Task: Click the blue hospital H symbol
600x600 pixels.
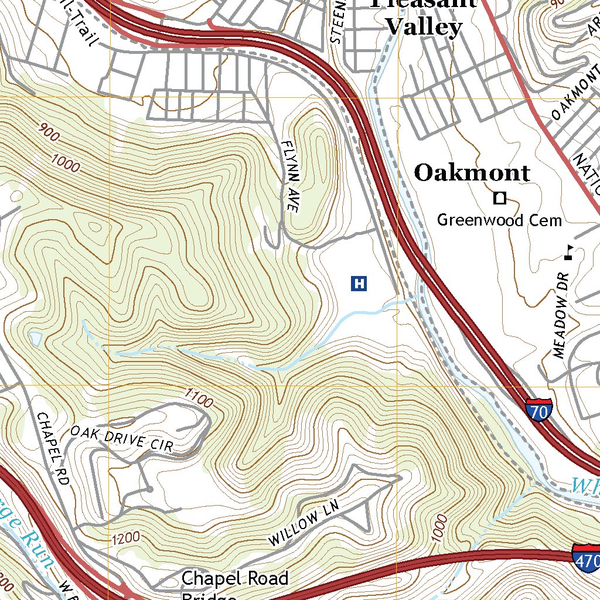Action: click(x=359, y=284)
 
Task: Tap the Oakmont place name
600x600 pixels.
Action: click(x=472, y=173)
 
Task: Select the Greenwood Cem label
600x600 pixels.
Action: click(x=499, y=220)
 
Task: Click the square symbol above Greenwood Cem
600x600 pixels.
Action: click(x=499, y=199)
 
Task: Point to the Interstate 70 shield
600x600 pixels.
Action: click(x=538, y=410)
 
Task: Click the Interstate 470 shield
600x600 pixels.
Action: click(x=587, y=557)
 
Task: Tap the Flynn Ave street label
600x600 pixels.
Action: click(x=291, y=176)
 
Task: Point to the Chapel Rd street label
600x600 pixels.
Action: click(x=53, y=448)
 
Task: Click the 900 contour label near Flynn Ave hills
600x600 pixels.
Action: click(x=50, y=134)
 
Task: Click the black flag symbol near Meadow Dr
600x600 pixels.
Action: click(x=568, y=252)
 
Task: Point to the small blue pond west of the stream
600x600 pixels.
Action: click(x=35, y=338)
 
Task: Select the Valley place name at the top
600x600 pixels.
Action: click(x=425, y=27)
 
